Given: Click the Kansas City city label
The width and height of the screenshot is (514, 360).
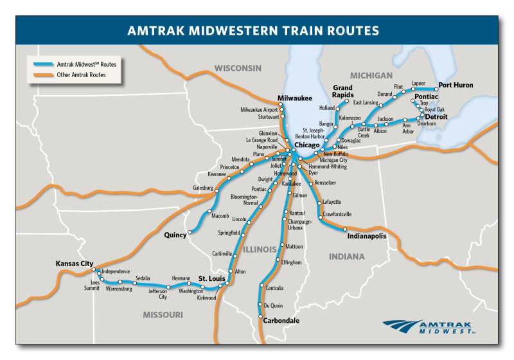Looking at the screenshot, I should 75,264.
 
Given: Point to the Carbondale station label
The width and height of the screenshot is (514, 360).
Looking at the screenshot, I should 281,319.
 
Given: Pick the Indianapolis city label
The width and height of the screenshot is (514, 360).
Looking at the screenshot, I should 367,236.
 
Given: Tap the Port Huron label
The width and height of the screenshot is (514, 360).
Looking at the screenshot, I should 456,85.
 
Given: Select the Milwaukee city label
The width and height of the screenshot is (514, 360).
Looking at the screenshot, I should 294,99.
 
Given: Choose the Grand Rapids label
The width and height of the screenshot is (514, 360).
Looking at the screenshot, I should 342,91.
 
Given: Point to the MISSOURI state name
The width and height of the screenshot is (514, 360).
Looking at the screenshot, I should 163,315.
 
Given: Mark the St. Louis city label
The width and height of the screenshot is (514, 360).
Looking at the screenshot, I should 211,278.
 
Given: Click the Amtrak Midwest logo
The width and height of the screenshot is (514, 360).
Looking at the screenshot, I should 430,327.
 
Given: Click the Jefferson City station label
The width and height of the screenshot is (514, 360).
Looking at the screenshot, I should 158,294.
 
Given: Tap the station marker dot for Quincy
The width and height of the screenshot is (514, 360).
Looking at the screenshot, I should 190,233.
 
